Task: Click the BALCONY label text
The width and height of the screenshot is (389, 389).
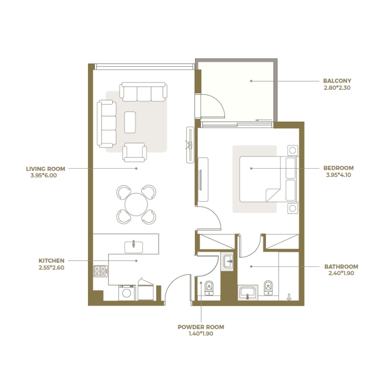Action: point(337,81)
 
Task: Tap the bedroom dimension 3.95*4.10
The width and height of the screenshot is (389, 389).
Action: point(339,175)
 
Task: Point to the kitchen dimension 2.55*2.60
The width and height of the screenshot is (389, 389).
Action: point(52,267)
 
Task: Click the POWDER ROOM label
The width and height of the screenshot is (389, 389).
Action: point(201,327)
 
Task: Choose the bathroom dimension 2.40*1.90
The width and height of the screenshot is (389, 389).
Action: point(343,273)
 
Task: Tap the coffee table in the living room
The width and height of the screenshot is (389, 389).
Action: point(130,122)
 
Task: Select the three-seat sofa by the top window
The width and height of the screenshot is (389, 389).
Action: point(144,92)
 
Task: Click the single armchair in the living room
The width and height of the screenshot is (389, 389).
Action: point(135,152)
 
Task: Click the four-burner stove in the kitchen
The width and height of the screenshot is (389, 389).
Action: point(100,271)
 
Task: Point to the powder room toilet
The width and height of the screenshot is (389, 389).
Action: point(209,288)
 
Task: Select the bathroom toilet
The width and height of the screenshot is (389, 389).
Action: point(267,288)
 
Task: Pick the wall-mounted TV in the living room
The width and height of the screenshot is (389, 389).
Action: point(189,144)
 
